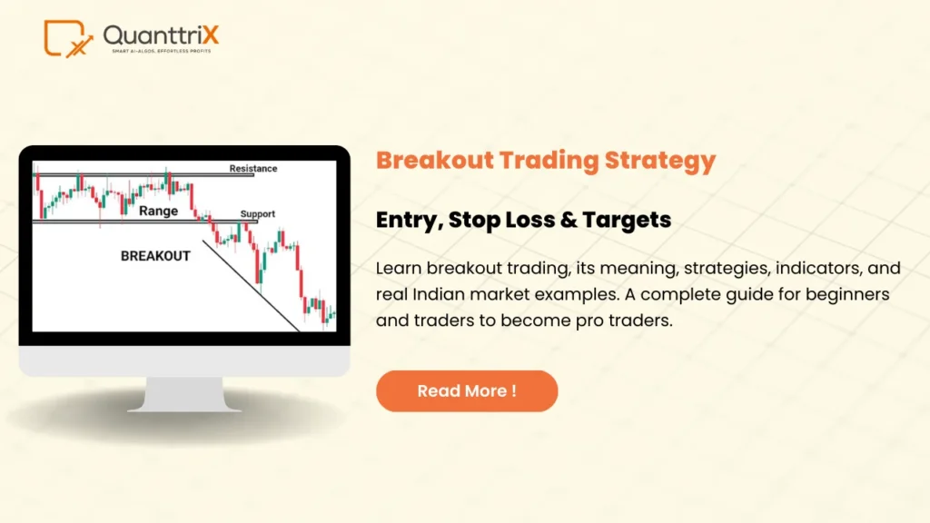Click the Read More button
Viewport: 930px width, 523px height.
(x=466, y=391)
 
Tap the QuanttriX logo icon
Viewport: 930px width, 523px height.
(x=68, y=38)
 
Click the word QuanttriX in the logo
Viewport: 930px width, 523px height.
(x=161, y=35)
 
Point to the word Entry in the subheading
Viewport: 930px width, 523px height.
(x=402, y=220)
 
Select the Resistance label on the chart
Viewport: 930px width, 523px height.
(x=253, y=169)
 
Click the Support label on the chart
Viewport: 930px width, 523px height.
(x=257, y=214)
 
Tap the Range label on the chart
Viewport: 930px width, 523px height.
(x=158, y=211)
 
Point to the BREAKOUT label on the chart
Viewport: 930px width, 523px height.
(x=155, y=256)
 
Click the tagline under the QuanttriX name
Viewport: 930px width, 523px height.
(x=160, y=51)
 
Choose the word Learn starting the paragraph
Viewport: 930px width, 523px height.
(x=397, y=269)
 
